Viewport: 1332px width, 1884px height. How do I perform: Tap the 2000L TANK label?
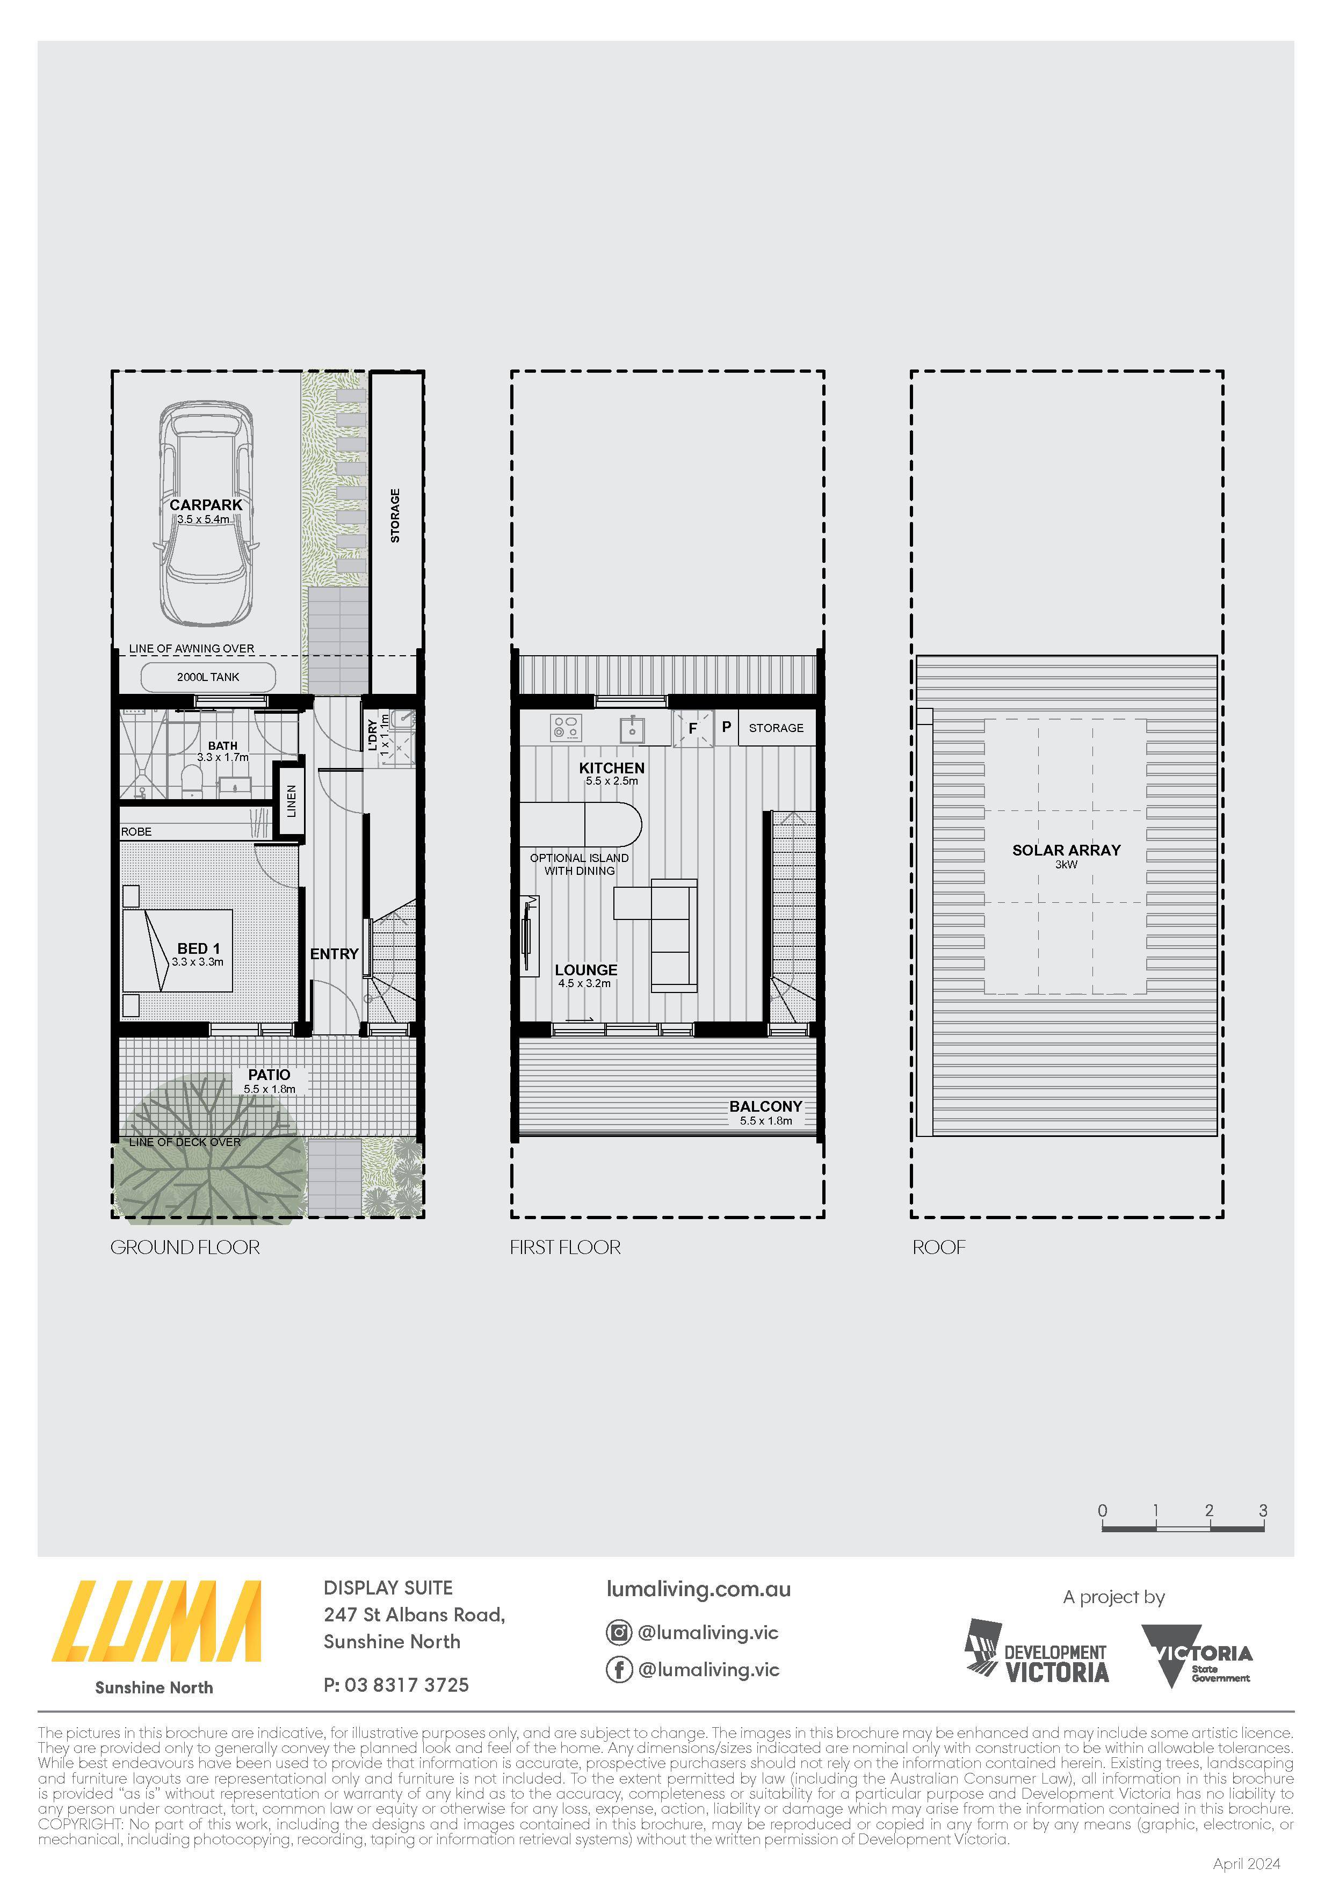click(208, 677)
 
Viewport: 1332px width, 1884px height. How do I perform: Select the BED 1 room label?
click(199, 948)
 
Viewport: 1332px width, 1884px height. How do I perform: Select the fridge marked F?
click(693, 728)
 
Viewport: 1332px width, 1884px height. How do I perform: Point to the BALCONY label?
click(766, 1106)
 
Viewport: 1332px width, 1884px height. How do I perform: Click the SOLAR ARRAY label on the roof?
click(1066, 850)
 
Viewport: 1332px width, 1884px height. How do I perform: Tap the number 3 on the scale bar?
click(1263, 1511)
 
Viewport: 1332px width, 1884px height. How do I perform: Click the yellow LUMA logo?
click(157, 1621)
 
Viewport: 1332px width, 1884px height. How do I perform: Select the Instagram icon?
click(619, 1632)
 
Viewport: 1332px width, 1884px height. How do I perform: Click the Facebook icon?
click(619, 1669)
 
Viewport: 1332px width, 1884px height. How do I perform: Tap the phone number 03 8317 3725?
click(407, 1685)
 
